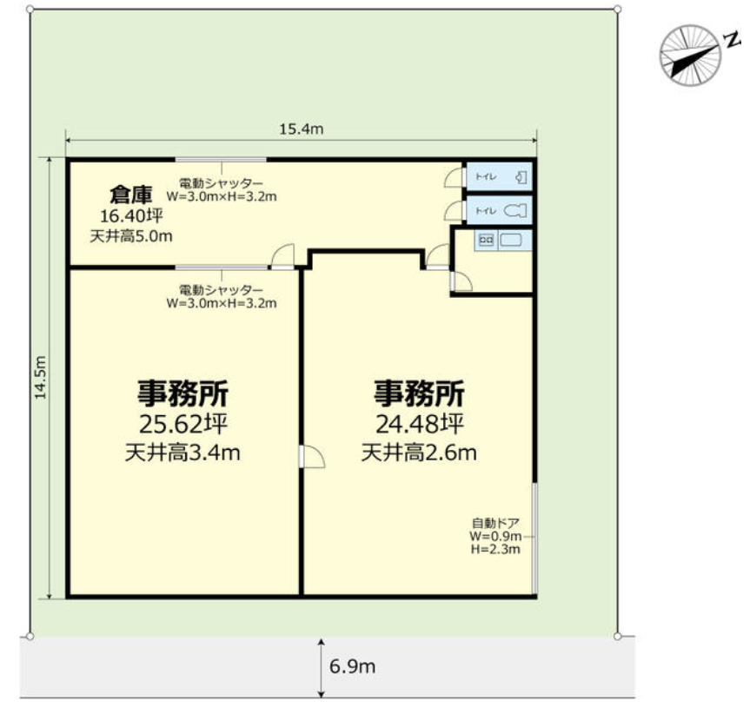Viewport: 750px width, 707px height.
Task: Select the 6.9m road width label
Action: pos(352,667)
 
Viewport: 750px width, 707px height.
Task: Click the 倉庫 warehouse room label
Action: pos(130,193)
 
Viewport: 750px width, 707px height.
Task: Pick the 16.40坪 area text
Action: pos(132,215)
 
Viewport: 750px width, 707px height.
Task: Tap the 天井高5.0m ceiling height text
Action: pos(131,235)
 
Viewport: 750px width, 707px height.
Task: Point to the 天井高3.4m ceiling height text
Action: pos(183,453)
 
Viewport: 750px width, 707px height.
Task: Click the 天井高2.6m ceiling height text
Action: pos(419,453)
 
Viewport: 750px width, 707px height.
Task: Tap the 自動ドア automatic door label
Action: pos(495,523)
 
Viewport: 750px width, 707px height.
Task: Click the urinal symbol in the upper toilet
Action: pos(520,177)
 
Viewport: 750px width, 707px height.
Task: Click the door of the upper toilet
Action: pos(455,177)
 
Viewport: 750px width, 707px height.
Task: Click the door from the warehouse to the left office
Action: pos(282,257)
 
